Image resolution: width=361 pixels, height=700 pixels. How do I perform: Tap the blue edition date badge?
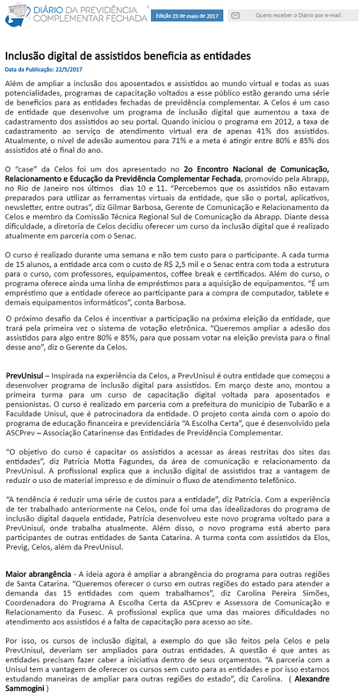click(186, 15)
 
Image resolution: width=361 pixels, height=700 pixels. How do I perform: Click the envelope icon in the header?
click(235, 15)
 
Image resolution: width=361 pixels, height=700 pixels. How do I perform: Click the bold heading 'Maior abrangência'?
click(38, 574)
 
